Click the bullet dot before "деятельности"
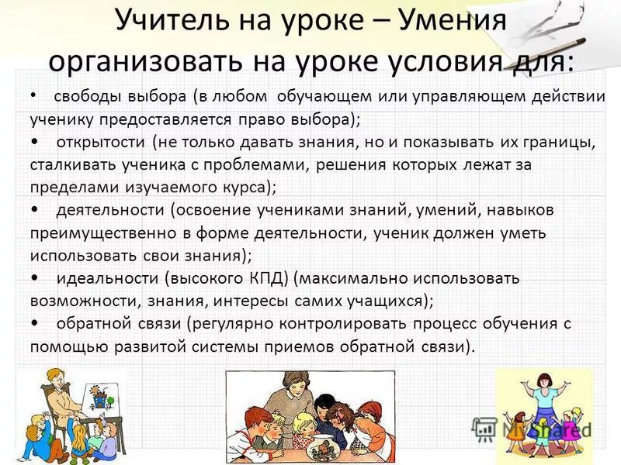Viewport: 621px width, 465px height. point(36,210)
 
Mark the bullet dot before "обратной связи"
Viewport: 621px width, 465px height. point(36,322)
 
